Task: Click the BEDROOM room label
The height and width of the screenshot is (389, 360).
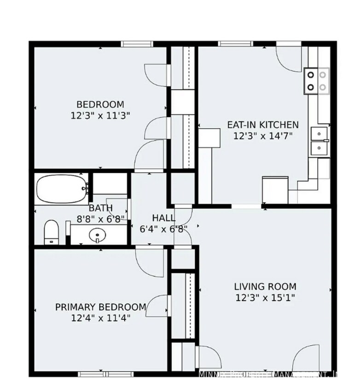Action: click(100, 104)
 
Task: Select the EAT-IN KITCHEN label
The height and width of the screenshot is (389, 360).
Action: click(263, 124)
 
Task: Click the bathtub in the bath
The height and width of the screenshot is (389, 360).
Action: click(61, 189)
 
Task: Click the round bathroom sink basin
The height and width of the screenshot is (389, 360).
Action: click(97, 236)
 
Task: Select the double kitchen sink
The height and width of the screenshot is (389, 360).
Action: click(318, 141)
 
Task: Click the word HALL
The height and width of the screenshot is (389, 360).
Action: click(163, 218)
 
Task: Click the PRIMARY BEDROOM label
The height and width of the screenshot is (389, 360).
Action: click(101, 307)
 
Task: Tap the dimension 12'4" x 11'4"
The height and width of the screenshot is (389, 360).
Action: click(101, 318)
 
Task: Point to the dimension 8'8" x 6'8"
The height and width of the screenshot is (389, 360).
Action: click(100, 219)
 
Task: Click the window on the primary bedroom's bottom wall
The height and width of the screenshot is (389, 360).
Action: click(105, 374)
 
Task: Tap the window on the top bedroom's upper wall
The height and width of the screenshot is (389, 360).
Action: click(137, 44)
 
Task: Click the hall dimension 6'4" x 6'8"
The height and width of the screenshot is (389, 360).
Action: click(163, 229)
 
